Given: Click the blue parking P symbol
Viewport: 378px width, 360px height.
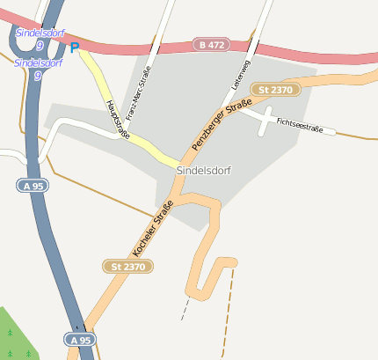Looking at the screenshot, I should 74,47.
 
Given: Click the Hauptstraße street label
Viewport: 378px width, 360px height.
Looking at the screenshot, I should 113,116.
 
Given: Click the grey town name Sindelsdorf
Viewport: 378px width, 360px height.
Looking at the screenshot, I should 203,170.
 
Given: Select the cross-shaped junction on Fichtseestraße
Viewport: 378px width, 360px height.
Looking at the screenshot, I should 265,120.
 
